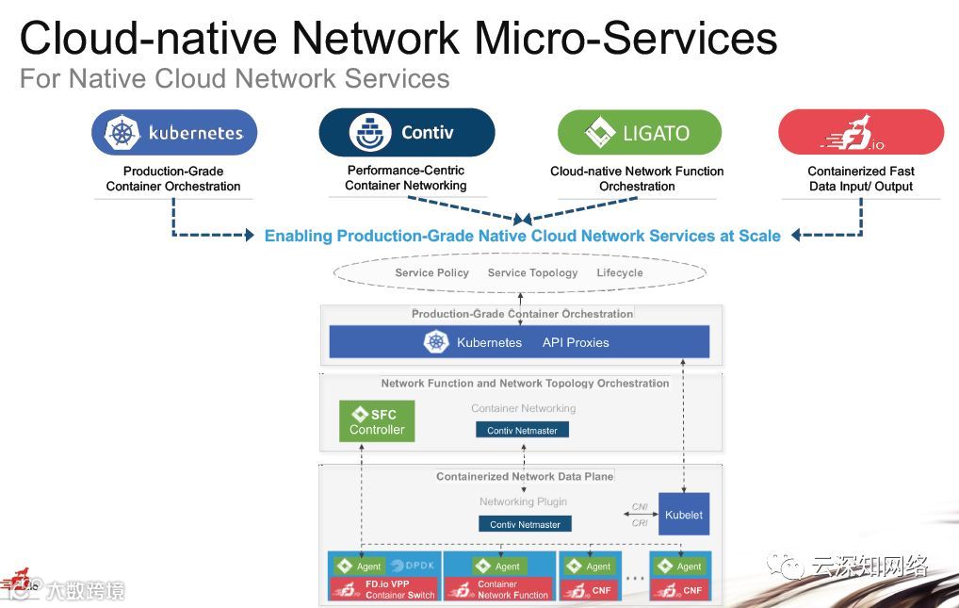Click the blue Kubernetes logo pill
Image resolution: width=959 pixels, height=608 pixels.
[x=174, y=133]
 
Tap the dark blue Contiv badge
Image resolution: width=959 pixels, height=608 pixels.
[x=406, y=133]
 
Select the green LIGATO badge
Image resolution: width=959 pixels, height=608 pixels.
[x=639, y=133]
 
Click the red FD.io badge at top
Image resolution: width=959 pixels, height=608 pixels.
[x=860, y=133]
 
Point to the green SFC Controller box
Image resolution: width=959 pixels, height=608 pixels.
[x=377, y=421]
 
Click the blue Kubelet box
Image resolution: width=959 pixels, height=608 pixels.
[x=684, y=515]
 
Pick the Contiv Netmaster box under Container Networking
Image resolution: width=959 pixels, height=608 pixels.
[x=522, y=430]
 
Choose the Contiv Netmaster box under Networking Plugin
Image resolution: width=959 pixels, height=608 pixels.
[x=525, y=524]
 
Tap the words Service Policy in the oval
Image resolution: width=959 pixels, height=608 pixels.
[x=431, y=272]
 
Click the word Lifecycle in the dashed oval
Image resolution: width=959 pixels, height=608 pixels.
[x=620, y=272]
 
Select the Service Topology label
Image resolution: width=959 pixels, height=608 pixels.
[x=532, y=272]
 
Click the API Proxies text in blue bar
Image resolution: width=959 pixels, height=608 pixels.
[x=576, y=342]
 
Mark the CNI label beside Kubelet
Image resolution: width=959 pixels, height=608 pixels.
[x=640, y=507]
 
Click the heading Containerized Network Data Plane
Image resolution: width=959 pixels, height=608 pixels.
[x=525, y=477]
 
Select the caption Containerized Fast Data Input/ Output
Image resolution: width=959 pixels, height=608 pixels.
[x=860, y=178]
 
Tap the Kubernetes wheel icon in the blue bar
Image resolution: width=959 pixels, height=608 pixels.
[x=436, y=342]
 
